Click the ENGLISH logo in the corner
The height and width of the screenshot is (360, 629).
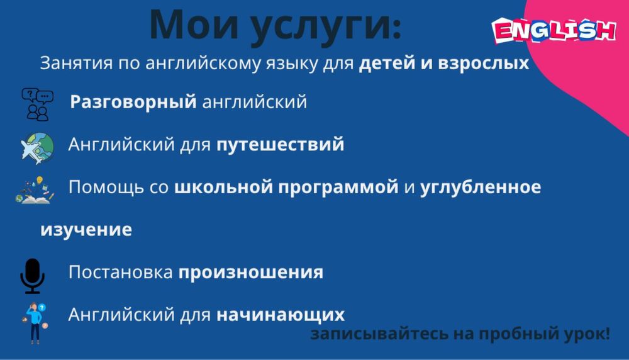[554, 30]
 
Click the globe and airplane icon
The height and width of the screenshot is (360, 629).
[37, 147]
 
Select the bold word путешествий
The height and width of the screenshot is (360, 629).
[280, 145]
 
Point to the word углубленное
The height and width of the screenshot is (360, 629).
[481, 188]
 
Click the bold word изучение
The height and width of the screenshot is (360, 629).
[86, 229]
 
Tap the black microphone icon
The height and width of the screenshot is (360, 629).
[32, 275]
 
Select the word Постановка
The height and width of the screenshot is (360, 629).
[120, 273]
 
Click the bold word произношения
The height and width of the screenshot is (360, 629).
[251, 273]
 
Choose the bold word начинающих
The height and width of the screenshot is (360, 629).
[281, 314]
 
